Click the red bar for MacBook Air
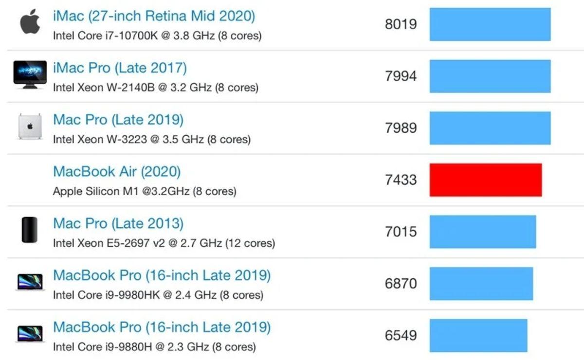485,180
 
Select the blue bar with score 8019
490,24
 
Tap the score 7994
401,76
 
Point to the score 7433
401,180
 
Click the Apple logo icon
30,22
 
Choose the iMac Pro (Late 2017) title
120,68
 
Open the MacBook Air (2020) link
117,172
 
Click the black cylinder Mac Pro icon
30,230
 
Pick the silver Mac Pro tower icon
30,126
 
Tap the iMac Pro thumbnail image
30,74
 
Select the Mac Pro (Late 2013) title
118,224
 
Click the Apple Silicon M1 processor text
145,191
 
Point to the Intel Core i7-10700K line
157,36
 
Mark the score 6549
401,336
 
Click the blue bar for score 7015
482,232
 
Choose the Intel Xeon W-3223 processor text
152,140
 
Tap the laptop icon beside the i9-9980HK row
30,282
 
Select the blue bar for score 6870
481,284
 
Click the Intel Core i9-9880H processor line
154,347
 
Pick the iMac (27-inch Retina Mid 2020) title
154,16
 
